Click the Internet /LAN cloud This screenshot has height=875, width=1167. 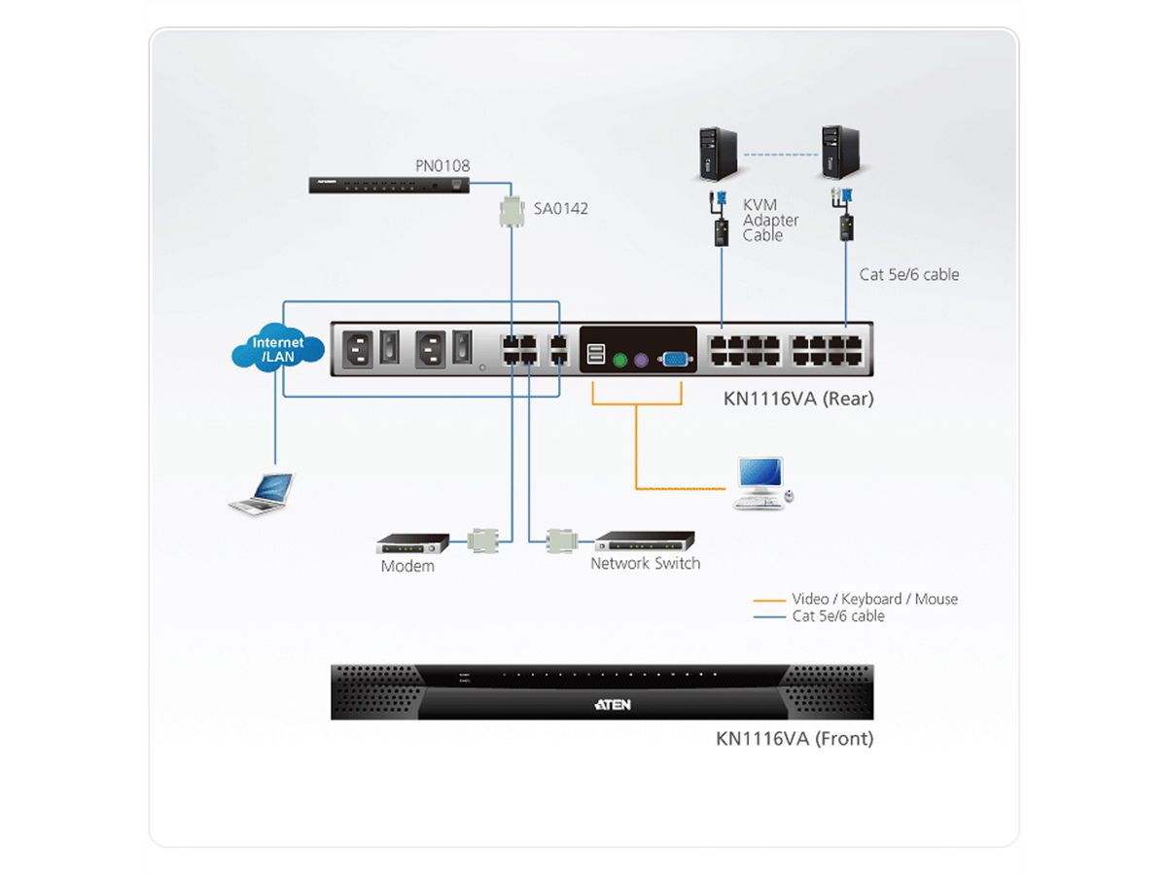277,348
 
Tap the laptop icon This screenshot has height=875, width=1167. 261,493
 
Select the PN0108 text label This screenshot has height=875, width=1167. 442,165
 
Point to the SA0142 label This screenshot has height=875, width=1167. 560,208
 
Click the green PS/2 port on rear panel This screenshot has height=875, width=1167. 619,360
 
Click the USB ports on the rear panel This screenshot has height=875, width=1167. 595,355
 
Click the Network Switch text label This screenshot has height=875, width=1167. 645,563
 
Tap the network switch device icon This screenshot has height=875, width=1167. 645,540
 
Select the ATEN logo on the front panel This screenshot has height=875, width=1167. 612,704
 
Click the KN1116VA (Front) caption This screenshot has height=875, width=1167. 795,739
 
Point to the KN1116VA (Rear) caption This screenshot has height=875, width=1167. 798,399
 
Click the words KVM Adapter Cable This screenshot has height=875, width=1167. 770,221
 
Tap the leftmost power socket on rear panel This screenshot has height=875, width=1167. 354,349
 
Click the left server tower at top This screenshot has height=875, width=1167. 717,153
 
